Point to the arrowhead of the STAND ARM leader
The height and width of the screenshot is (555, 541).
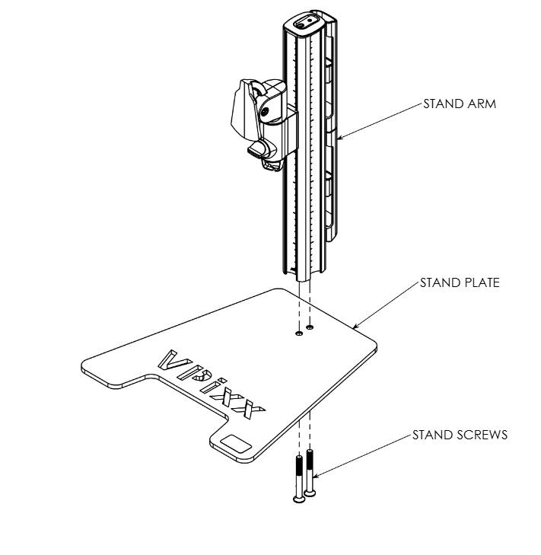(339, 137)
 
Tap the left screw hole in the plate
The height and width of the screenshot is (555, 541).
(299, 333)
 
